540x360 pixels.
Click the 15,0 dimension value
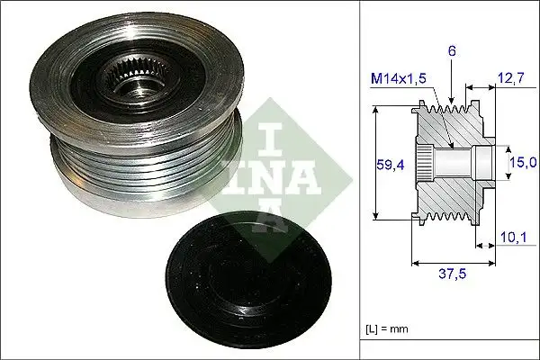tap(523, 162)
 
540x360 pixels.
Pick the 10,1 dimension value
tap(510, 238)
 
